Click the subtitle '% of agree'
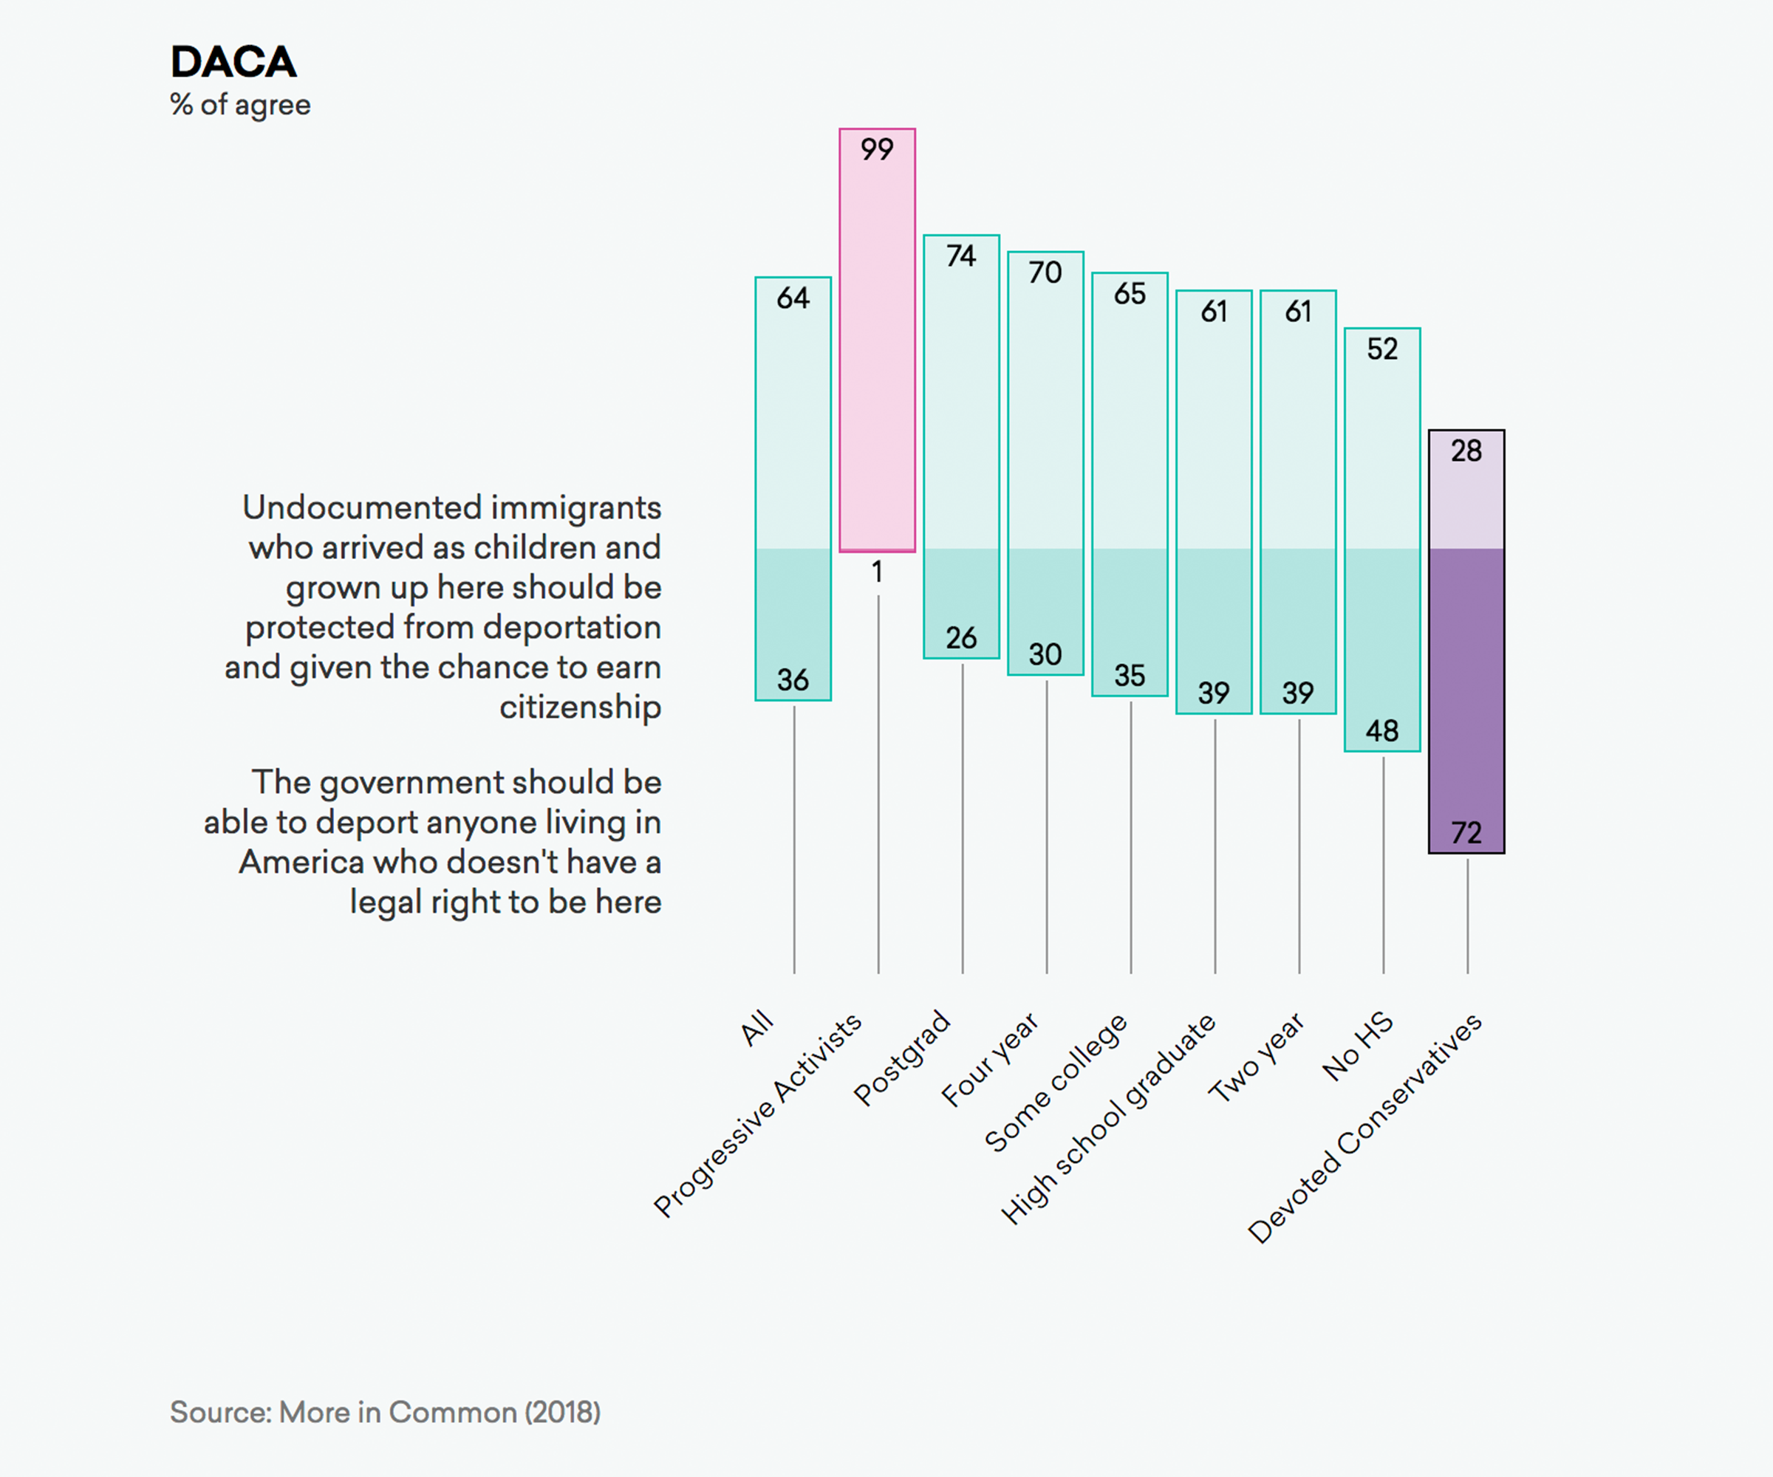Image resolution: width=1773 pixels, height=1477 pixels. (240, 105)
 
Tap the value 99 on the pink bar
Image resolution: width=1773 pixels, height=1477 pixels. (876, 149)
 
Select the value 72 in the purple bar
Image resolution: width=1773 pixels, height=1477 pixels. (1466, 833)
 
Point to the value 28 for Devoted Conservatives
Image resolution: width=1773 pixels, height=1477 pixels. (1466, 450)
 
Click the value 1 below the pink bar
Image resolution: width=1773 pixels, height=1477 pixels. (877, 572)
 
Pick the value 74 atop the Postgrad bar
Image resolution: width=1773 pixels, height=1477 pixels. (961, 256)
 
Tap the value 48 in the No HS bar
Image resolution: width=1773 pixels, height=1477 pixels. (1382, 731)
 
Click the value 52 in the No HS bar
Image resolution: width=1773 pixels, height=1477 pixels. (1382, 349)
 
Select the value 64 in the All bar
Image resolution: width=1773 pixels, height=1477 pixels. (793, 298)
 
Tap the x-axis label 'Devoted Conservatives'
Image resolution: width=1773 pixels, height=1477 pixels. (1364, 1128)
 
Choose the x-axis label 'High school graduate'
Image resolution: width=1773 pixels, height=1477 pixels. (1107, 1118)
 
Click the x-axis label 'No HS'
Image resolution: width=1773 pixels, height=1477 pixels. (1358, 1046)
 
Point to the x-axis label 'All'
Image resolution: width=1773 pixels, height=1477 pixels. (756, 1027)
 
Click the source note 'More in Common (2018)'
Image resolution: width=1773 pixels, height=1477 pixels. (440, 1412)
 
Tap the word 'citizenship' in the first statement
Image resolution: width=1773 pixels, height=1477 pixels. (580, 707)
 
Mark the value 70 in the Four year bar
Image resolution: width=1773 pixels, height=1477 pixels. (1045, 273)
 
